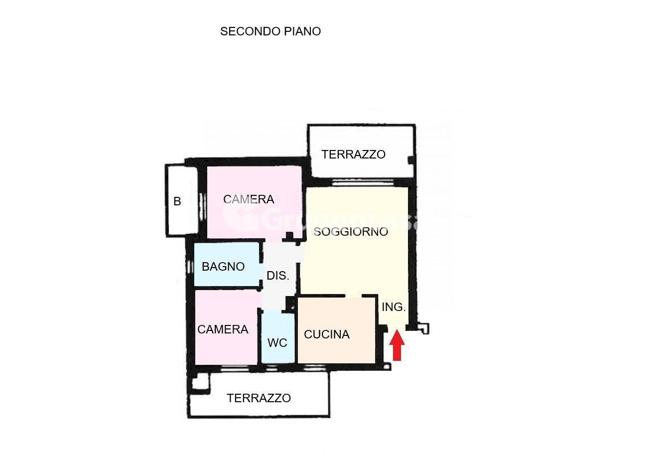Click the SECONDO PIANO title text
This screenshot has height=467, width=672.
point(270,31)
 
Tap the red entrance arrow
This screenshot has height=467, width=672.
point(397,345)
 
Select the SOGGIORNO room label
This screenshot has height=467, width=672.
point(351,232)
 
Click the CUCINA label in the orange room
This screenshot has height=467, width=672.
point(327,334)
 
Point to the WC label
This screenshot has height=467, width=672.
point(277,343)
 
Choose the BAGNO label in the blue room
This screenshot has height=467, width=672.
point(223,267)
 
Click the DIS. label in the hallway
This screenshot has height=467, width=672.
point(278,276)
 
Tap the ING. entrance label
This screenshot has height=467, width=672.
point(394,307)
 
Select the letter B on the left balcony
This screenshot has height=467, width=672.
point(177,201)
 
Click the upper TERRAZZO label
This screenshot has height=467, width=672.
point(353,155)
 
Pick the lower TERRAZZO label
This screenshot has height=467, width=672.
point(259,398)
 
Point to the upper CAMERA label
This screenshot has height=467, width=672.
point(249,199)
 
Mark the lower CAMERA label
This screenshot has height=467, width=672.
point(223,329)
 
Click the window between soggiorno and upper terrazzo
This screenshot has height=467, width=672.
point(363,182)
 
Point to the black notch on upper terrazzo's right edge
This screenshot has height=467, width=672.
point(411,160)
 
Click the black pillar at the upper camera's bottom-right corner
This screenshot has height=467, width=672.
point(289,236)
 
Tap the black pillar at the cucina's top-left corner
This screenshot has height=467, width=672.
point(290,304)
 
